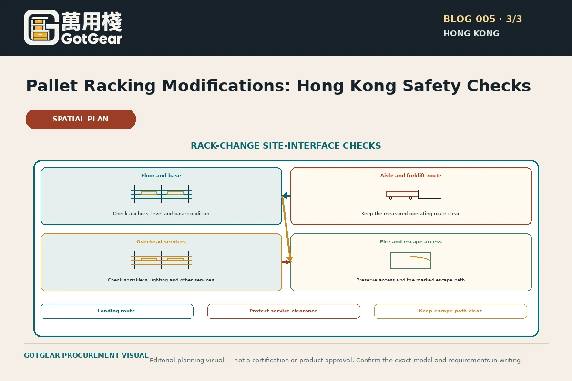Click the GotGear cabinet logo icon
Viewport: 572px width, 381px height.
coord(41,27)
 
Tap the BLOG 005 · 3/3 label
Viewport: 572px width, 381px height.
coord(482,19)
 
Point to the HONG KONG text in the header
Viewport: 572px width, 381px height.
coord(471,33)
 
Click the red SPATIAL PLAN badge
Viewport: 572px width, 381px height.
coord(81,119)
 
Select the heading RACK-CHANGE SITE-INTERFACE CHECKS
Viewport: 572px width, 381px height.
coord(286,145)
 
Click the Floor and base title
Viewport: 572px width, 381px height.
coord(161,176)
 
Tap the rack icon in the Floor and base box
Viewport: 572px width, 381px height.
coord(161,194)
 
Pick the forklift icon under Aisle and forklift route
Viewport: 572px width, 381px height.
coord(414,195)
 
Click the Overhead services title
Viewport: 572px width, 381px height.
coord(161,241)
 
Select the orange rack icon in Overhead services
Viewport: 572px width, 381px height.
coord(161,260)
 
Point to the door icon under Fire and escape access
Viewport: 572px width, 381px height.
coord(411,261)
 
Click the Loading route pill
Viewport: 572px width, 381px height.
coord(117,311)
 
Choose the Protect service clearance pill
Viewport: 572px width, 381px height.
coord(284,311)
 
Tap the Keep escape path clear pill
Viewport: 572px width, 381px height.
coord(450,311)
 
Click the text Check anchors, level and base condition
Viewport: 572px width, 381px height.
coord(161,213)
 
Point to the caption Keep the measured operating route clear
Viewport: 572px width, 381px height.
coord(410,213)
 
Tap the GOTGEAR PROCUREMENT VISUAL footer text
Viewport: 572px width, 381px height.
coord(86,355)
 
